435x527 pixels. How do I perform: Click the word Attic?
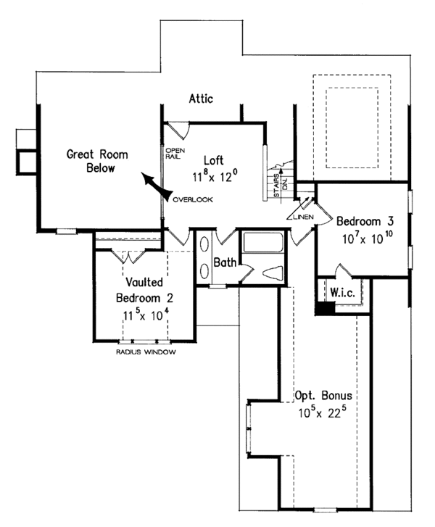[x=200, y=99]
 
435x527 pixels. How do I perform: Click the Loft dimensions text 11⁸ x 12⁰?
[x=215, y=176]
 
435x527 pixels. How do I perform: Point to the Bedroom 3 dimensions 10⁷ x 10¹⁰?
[x=363, y=238]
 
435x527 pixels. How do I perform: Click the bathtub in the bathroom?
[x=263, y=243]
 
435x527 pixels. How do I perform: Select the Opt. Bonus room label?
[x=323, y=397]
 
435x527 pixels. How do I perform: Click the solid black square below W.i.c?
[x=326, y=307]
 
